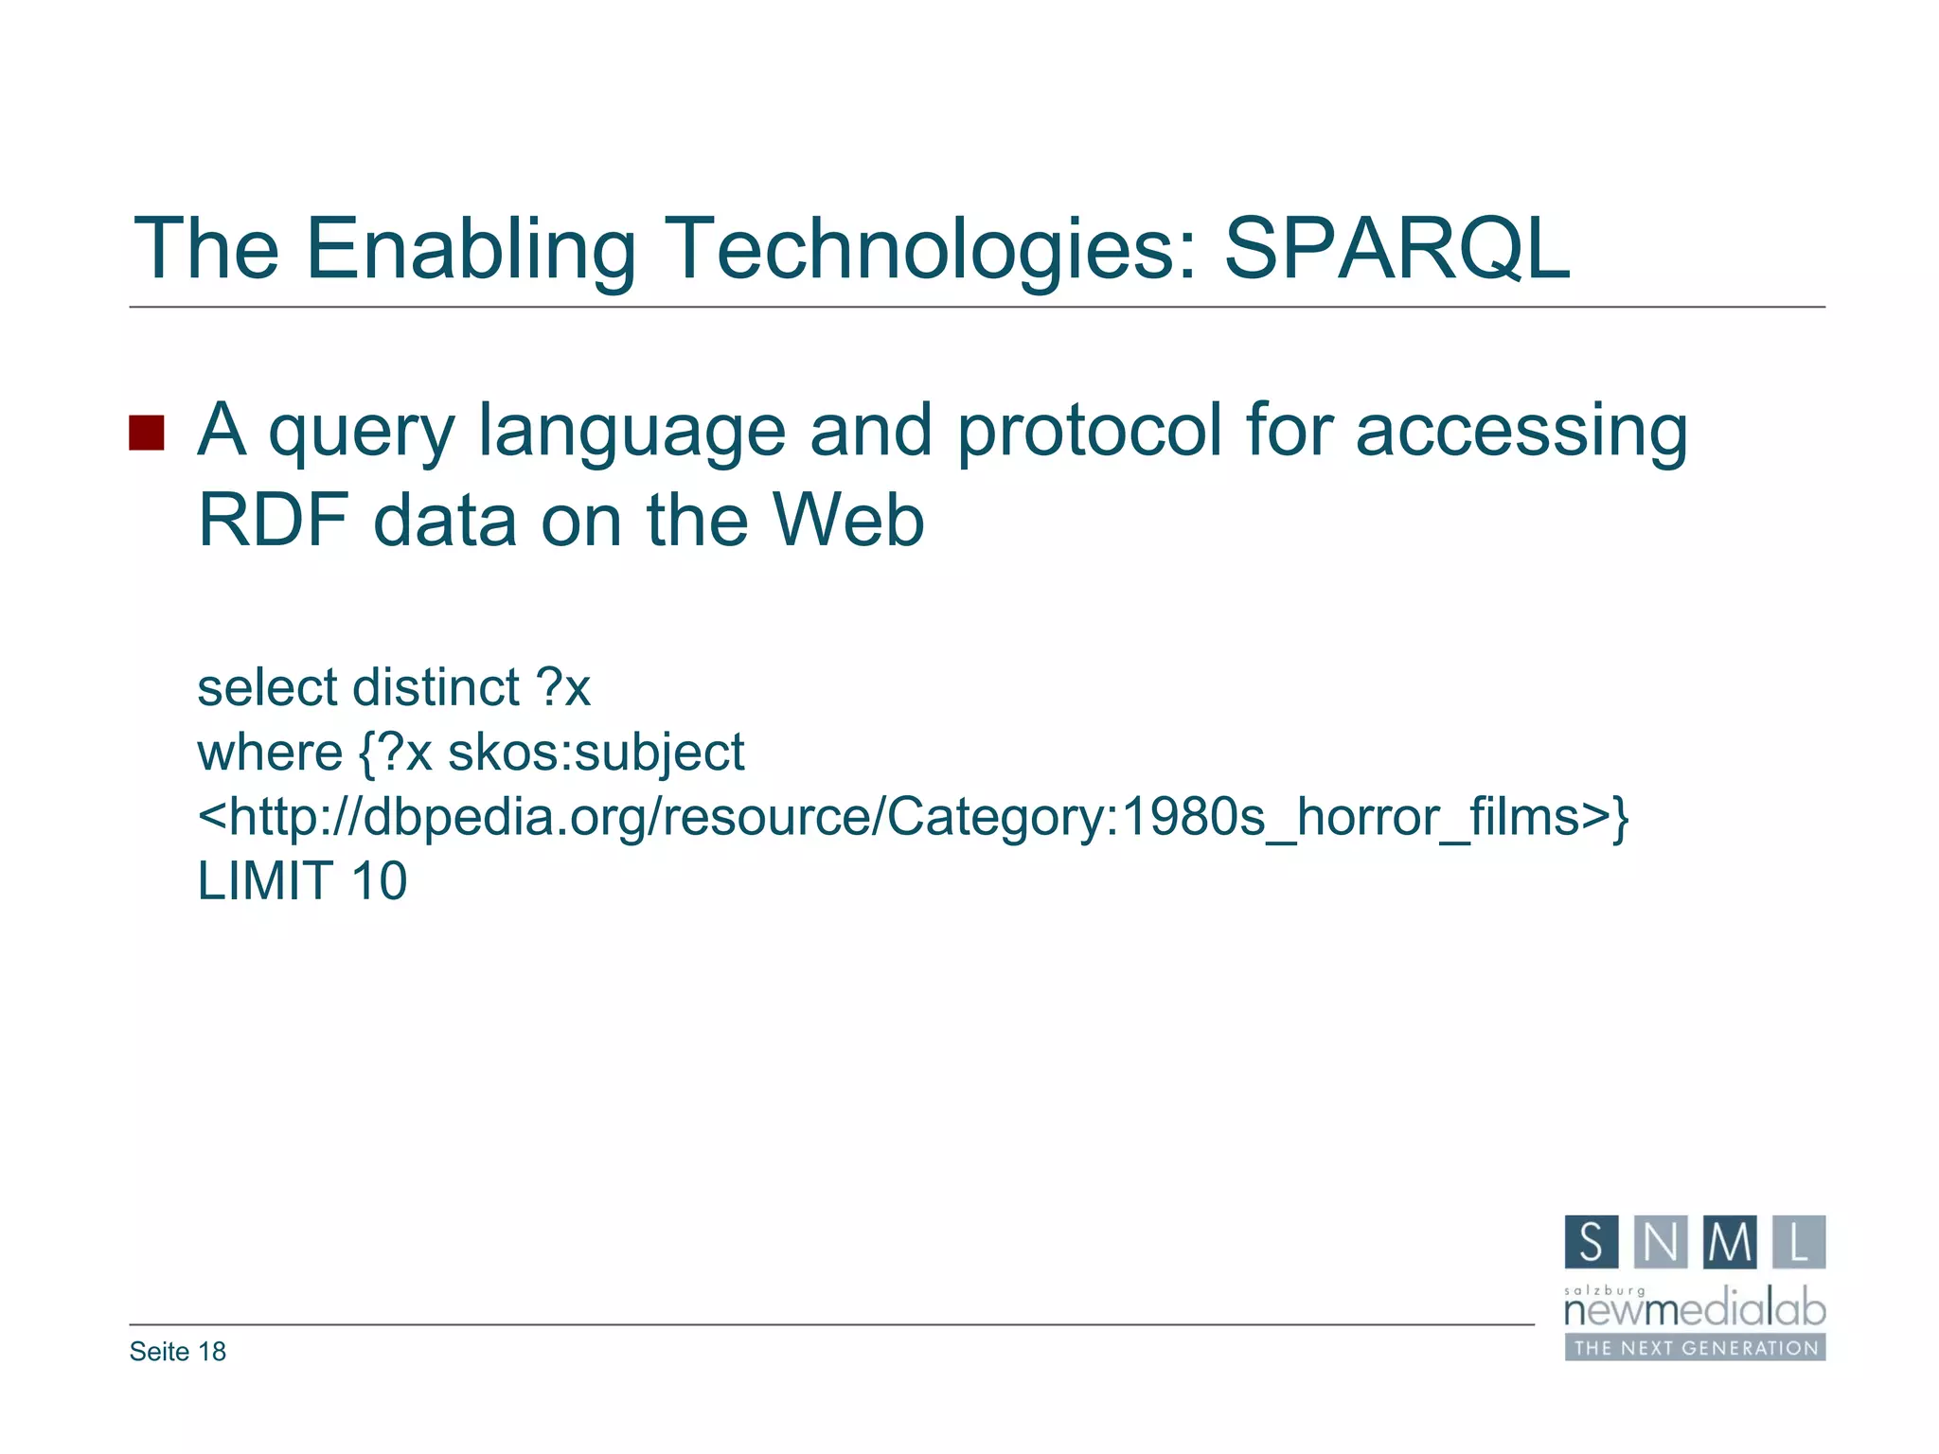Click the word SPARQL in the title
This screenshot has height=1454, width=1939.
click(1396, 248)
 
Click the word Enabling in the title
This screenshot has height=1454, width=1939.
click(471, 248)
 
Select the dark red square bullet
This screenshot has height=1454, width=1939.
click(147, 433)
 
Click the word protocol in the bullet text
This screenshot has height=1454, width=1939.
click(1089, 431)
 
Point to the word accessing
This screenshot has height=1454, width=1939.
click(1521, 431)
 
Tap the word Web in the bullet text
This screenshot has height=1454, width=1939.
click(847, 521)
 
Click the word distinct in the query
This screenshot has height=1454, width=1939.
click(436, 687)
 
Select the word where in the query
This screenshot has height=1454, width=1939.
click(270, 753)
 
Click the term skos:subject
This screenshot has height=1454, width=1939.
click(596, 753)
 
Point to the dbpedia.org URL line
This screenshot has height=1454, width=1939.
click(913, 816)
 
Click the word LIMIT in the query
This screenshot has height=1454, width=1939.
click(265, 880)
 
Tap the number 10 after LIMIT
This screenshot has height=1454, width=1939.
click(379, 880)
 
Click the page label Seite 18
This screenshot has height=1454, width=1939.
click(178, 1352)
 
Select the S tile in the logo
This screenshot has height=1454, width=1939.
click(1592, 1242)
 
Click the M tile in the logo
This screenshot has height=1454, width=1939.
click(1730, 1242)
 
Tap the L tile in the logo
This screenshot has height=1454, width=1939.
click(1799, 1242)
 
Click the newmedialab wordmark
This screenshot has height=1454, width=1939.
click(1695, 1310)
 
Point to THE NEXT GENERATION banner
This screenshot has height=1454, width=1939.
click(1695, 1348)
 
